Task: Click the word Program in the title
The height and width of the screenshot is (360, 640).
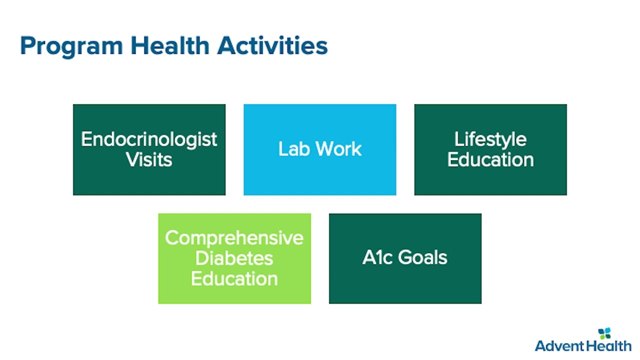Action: point(71,46)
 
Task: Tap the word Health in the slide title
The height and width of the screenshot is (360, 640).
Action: point(170,45)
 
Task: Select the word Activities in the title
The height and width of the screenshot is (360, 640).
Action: point(272,45)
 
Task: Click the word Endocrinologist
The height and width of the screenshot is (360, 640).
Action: point(149,139)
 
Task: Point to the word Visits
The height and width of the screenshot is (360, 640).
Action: point(149,159)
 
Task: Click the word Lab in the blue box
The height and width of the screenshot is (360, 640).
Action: point(294,148)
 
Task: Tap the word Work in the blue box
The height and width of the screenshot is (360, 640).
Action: point(339,148)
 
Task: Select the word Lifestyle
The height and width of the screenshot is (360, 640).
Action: point(490,139)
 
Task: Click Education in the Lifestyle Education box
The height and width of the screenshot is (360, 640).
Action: point(490,159)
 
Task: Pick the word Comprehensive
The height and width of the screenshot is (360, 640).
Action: point(234,238)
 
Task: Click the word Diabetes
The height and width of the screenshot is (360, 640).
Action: point(234,258)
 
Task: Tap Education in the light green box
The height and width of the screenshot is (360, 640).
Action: point(234,278)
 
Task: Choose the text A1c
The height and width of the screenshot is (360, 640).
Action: point(377,257)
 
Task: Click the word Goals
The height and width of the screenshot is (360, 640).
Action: point(422,257)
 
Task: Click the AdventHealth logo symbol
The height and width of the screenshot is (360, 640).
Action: point(604,333)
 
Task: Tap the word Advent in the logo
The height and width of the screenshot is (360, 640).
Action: point(559,346)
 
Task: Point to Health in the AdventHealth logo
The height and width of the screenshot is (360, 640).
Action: point(607,346)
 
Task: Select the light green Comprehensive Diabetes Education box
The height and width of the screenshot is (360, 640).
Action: point(234,258)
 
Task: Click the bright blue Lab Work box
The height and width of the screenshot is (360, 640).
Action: point(319,149)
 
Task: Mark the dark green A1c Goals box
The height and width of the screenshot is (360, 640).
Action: point(405,258)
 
